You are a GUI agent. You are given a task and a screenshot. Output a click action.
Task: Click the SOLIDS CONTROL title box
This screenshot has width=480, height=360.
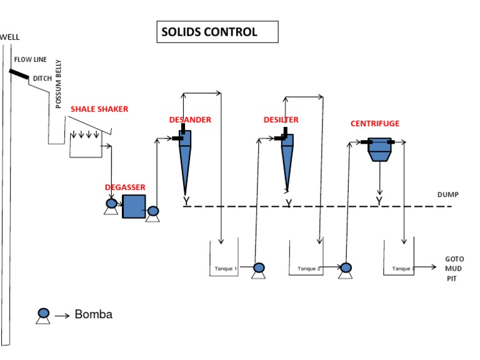pyautogui.click(x=217, y=32)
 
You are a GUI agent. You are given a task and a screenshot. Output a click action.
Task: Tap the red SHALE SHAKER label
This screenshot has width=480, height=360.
pyautogui.click(x=99, y=109)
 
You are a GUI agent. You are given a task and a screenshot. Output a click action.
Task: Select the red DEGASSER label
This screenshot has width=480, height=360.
pyautogui.click(x=125, y=187)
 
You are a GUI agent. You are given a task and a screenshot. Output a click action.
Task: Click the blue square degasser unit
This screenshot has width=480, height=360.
pyautogui.click(x=133, y=206)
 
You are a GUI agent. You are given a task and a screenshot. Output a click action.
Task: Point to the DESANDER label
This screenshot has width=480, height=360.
pyautogui.click(x=190, y=119)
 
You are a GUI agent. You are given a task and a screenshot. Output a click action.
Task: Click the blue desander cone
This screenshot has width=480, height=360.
pyautogui.click(x=186, y=159)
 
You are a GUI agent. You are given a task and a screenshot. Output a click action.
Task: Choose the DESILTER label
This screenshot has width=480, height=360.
pyautogui.click(x=281, y=119)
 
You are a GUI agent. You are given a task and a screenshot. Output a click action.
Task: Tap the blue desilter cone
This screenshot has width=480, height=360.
pyautogui.click(x=287, y=159)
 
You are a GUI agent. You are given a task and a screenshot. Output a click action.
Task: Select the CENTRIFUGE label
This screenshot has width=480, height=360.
pyautogui.click(x=374, y=124)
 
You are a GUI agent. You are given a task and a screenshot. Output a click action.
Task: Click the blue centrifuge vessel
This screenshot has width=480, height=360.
pyautogui.click(x=379, y=149)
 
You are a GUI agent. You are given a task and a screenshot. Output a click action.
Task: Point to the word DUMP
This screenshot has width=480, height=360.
pyautogui.click(x=447, y=195)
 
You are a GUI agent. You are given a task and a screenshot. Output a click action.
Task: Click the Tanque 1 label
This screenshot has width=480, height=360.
pyautogui.click(x=225, y=269)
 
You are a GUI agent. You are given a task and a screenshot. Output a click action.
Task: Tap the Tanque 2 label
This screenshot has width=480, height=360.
pyautogui.click(x=309, y=269)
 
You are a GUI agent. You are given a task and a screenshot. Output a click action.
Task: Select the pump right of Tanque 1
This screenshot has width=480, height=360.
pyautogui.click(x=258, y=269)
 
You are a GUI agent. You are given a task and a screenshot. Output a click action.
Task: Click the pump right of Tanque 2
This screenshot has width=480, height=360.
pyautogui.click(x=345, y=269)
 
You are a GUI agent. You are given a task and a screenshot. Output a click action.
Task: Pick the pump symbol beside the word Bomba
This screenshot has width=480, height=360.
pyautogui.click(x=43, y=315)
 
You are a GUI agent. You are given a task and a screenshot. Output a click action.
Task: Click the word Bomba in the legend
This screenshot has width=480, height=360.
pyautogui.click(x=93, y=314)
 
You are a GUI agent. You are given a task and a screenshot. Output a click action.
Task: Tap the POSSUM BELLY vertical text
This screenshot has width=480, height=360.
pyautogui.click(x=59, y=84)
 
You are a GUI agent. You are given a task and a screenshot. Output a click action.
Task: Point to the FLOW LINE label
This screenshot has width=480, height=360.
pyautogui.click(x=30, y=60)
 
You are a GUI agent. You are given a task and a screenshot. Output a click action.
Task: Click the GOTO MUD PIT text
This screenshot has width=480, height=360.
pyautogui.click(x=454, y=268)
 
